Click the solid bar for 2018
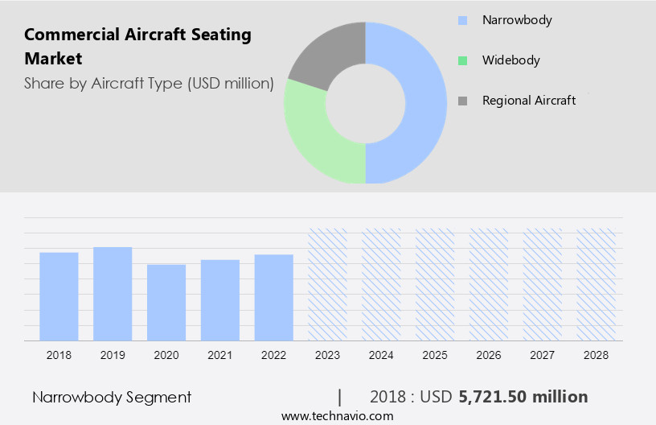click(x=59, y=296)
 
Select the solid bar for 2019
click(x=113, y=294)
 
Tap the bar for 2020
click(x=166, y=303)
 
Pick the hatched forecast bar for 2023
click(x=328, y=284)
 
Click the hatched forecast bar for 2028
click(x=596, y=284)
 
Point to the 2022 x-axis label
click(x=273, y=354)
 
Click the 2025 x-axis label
click(x=435, y=354)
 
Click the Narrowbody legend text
click(x=516, y=20)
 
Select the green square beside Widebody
click(x=461, y=60)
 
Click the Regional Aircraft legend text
click(x=528, y=101)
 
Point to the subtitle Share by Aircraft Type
click(x=149, y=83)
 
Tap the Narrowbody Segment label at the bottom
click(x=112, y=397)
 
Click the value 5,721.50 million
click(x=523, y=397)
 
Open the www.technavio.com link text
click(x=337, y=416)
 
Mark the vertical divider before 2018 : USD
click(x=340, y=397)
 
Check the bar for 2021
click(x=220, y=300)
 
